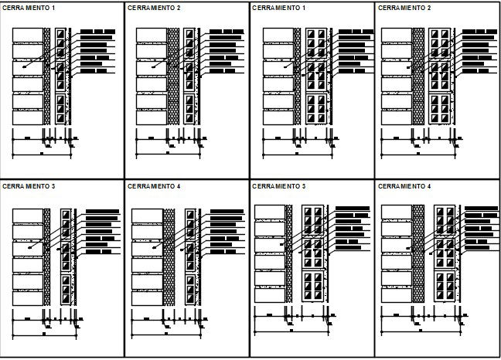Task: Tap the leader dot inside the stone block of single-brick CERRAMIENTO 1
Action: click(24, 67)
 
